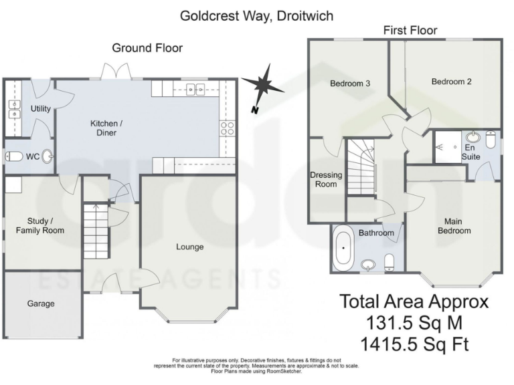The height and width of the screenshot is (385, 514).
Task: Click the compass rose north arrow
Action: [262, 86]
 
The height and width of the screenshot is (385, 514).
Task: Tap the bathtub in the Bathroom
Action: [343, 248]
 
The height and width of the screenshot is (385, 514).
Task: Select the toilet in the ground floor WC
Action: [16, 157]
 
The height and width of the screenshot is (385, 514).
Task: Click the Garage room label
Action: [41, 303]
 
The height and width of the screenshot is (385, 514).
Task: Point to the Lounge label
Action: [189, 247]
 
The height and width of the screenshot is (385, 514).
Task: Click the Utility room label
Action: [41, 108]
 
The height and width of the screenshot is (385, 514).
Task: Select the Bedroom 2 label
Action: [451, 82]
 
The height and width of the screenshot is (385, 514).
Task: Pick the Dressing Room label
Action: [326, 180]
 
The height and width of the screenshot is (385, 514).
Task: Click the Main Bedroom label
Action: [454, 226]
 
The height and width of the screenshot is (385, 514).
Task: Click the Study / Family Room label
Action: [40, 226]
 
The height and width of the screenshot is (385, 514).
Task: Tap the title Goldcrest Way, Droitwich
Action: [256, 15]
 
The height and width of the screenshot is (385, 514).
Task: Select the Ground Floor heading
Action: [147, 47]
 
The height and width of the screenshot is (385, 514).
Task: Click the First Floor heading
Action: [410, 30]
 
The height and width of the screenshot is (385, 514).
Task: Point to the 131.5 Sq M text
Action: [414, 323]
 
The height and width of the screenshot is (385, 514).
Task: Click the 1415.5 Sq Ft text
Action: [414, 345]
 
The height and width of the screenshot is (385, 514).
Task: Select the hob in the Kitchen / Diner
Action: [228, 128]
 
